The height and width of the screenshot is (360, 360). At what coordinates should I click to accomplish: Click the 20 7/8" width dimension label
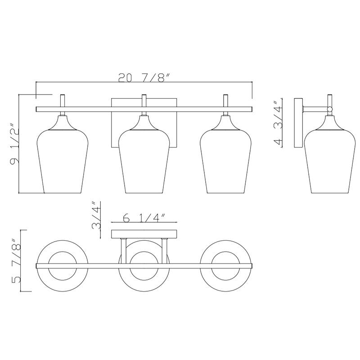click(x=144, y=77)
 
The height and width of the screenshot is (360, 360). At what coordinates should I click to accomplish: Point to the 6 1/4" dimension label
click(x=144, y=218)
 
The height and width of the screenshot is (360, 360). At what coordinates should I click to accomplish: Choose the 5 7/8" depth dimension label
click(x=16, y=261)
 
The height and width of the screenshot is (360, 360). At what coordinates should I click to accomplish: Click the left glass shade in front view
click(x=63, y=161)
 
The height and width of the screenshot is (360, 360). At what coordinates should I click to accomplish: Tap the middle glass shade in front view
click(x=144, y=161)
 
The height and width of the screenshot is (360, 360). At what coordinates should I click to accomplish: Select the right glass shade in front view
click(x=226, y=161)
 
